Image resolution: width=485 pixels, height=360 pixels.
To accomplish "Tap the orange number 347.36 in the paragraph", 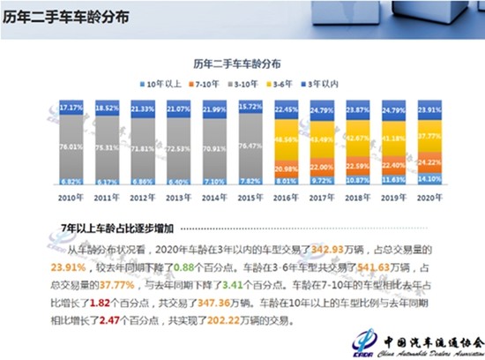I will [x=220, y=302].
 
